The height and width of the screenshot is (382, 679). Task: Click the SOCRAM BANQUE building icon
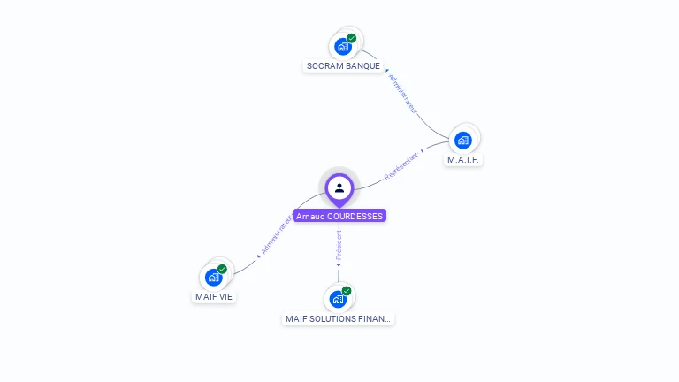pyautogui.click(x=343, y=46)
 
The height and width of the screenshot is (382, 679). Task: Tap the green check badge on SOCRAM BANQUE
pyautogui.click(x=352, y=38)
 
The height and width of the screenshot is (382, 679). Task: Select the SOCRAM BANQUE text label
pyautogui.click(x=343, y=66)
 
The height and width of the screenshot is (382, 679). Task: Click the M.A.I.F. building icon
pyautogui.click(x=462, y=140)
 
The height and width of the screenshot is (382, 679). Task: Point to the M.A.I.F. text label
pyautogui.click(x=464, y=160)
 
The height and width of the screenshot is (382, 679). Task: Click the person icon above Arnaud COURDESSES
pyautogui.click(x=339, y=187)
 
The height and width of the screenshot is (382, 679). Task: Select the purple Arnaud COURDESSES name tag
pyautogui.click(x=339, y=216)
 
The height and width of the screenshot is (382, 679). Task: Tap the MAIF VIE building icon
pyautogui.click(x=213, y=277)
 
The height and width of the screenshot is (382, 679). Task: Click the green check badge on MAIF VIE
pyautogui.click(x=222, y=269)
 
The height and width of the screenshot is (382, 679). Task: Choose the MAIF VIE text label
pyautogui.click(x=214, y=297)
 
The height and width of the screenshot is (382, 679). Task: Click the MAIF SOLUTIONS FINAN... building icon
pyautogui.click(x=338, y=299)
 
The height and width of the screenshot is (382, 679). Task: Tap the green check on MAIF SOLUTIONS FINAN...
pyautogui.click(x=347, y=291)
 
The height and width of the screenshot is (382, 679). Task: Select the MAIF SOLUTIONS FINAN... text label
pyautogui.click(x=338, y=318)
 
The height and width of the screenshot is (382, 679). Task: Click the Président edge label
pyautogui.click(x=339, y=247)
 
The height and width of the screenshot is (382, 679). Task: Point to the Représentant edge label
pyautogui.click(x=401, y=166)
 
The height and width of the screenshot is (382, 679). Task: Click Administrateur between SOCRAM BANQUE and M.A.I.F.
pyautogui.click(x=402, y=93)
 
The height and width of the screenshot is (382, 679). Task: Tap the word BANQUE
pyautogui.click(x=363, y=66)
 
